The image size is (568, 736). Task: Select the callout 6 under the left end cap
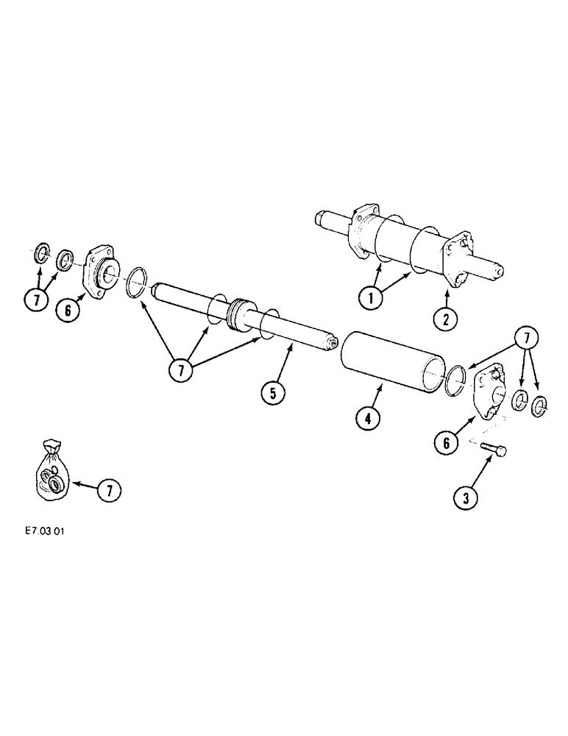(x=68, y=309)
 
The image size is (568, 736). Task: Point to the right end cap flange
(x=489, y=394)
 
